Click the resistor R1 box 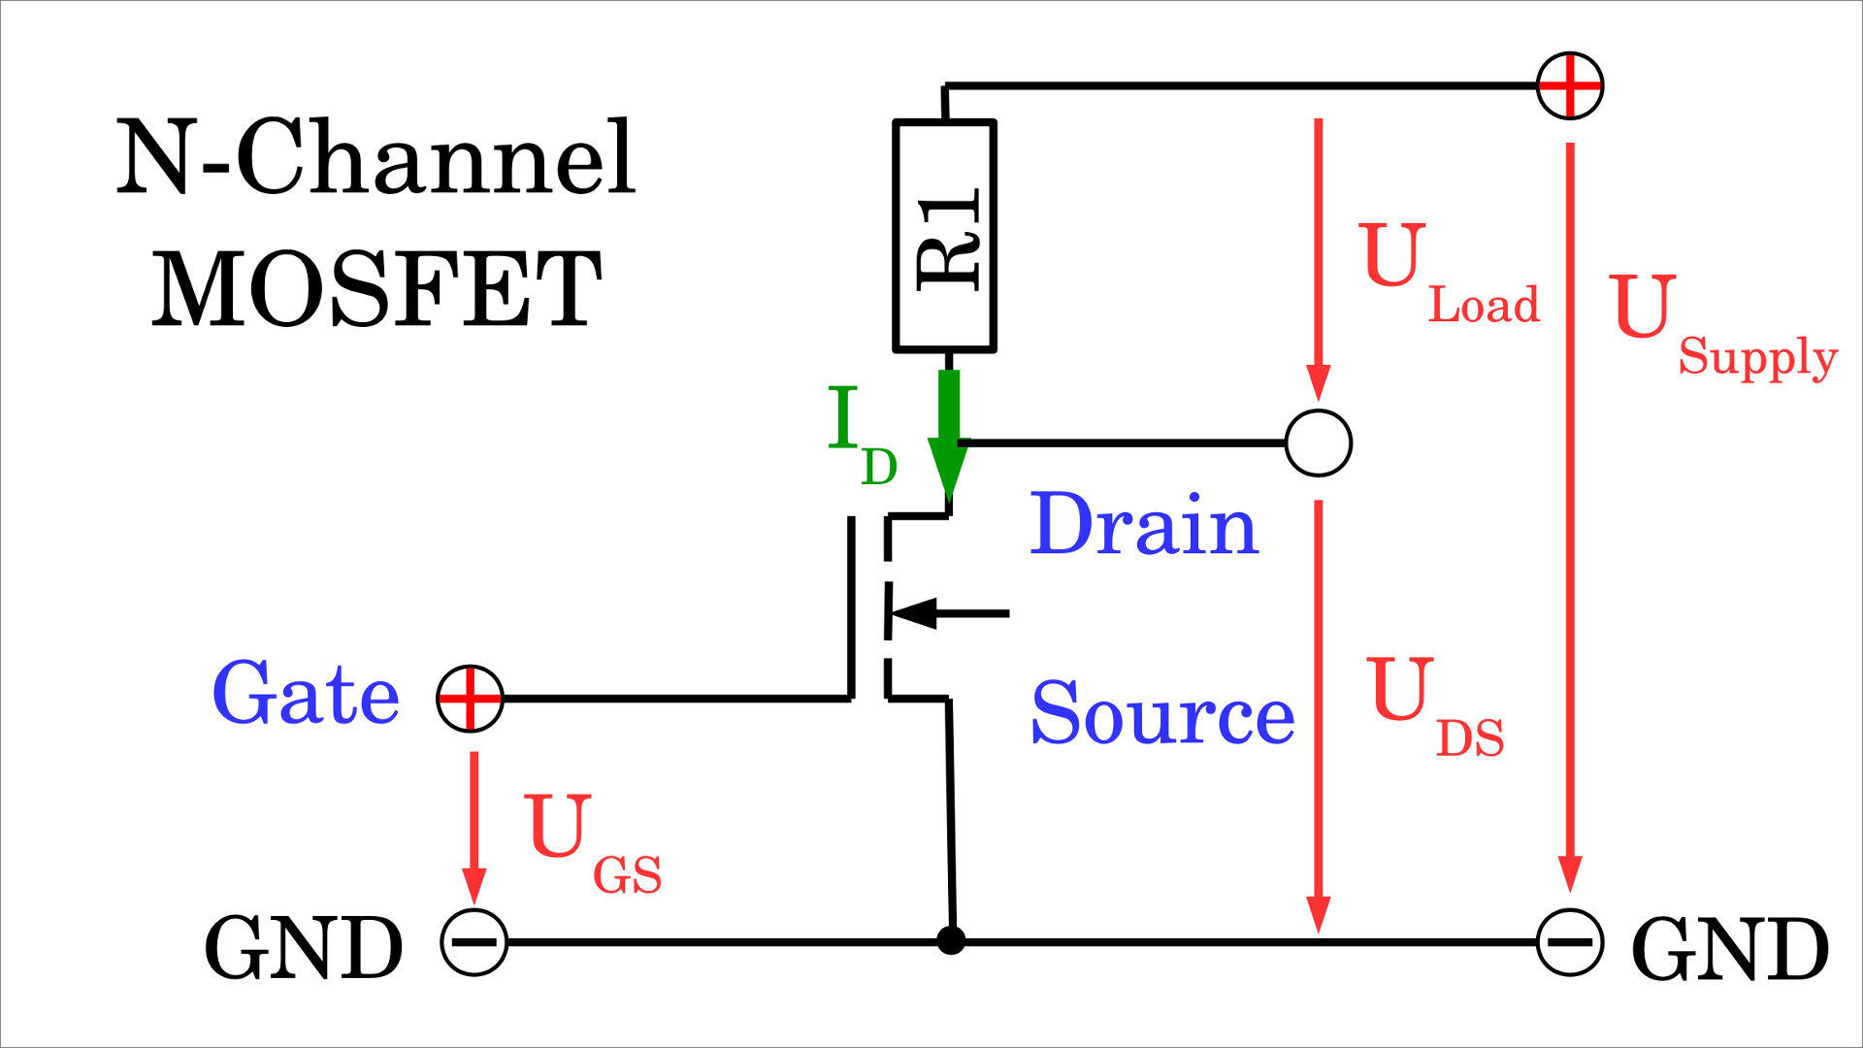pyautogui.click(x=944, y=235)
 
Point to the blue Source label pyautogui.click(x=1162, y=713)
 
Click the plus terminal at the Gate pyautogui.click(x=471, y=699)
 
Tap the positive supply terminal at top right pyautogui.click(x=1570, y=85)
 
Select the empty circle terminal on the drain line pyautogui.click(x=1318, y=443)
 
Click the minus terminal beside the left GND pyautogui.click(x=474, y=942)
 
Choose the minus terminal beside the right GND pyautogui.click(x=1570, y=942)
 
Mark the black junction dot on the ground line pyautogui.click(x=951, y=940)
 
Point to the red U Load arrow pyautogui.click(x=1318, y=257)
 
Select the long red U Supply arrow pyautogui.click(x=1570, y=514)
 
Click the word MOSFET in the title pyautogui.click(x=377, y=289)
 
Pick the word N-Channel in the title pyautogui.click(x=376, y=157)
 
